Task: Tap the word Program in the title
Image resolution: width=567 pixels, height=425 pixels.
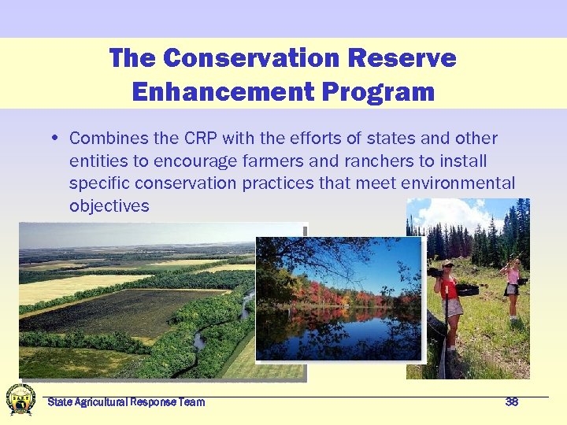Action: click(x=379, y=91)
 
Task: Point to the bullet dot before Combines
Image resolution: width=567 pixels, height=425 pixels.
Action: click(x=56, y=139)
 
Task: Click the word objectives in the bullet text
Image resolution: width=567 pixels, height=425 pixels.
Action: click(x=109, y=205)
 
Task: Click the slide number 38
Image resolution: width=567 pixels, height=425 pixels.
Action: click(x=511, y=402)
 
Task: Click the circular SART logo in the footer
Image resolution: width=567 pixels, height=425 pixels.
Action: click(x=20, y=400)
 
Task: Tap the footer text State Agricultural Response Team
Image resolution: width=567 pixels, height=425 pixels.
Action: click(x=126, y=402)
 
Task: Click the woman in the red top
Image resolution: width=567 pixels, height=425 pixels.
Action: click(x=450, y=299)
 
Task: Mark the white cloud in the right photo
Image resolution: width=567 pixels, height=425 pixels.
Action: click(x=453, y=213)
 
